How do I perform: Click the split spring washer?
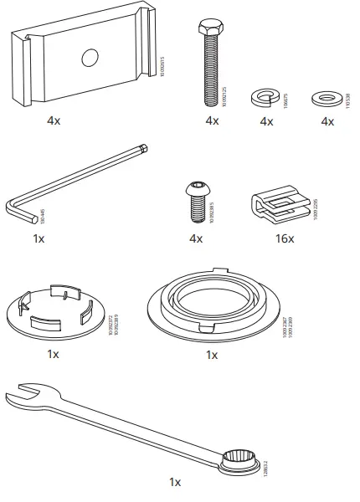[265, 97]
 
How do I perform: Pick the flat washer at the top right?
[326, 97]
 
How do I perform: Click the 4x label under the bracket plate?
[54, 120]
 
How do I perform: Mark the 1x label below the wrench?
[174, 482]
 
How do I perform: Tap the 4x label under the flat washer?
[327, 121]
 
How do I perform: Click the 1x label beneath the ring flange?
[212, 355]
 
